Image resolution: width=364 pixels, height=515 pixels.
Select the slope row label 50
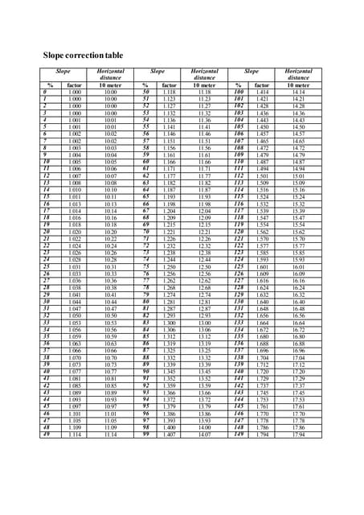[x=145, y=93]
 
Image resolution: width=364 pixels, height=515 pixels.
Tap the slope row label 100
[x=238, y=93]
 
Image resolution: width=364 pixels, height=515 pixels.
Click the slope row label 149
[x=238, y=435]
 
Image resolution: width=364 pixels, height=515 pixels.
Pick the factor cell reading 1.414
[x=262, y=93]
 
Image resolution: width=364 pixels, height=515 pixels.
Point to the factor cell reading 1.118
[x=169, y=93]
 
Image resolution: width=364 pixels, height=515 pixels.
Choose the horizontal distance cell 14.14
[x=299, y=93]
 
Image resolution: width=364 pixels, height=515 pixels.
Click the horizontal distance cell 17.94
[x=299, y=435]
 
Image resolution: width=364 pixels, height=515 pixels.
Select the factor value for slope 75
[x=169, y=267]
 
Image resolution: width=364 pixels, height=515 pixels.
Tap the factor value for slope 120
[x=262, y=232]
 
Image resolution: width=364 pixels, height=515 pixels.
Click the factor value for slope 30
[x=75, y=302]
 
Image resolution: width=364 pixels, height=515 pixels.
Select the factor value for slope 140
[x=262, y=372]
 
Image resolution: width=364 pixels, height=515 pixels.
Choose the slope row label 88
[x=145, y=357]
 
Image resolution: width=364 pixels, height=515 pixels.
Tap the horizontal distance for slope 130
[x=299, y=302]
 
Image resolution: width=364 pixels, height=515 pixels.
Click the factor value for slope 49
[x=75, y=435]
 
